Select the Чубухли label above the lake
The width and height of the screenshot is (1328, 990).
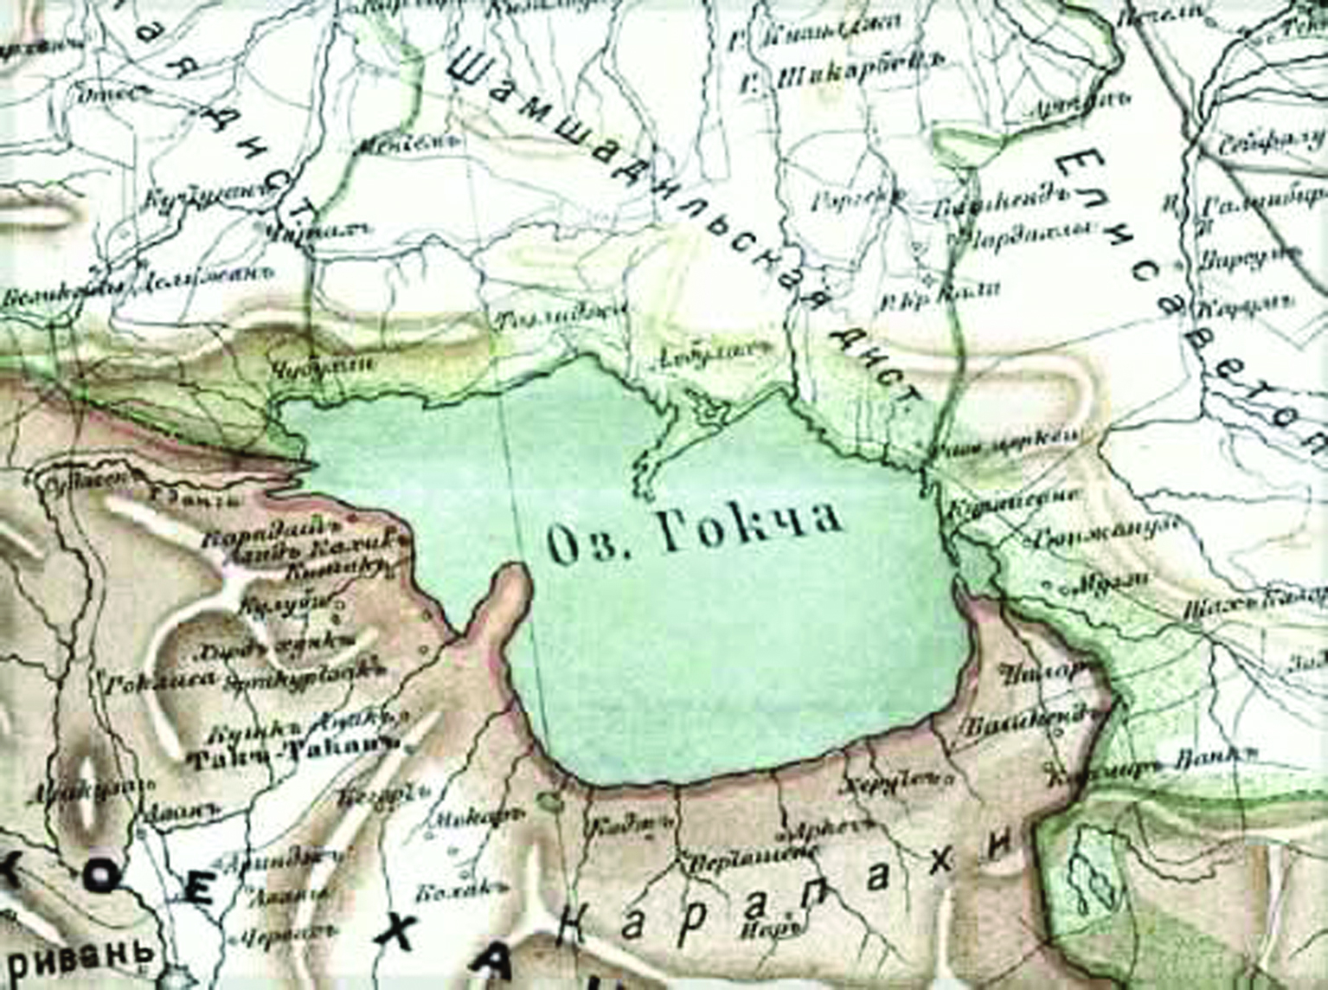(x=322, y=366)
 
